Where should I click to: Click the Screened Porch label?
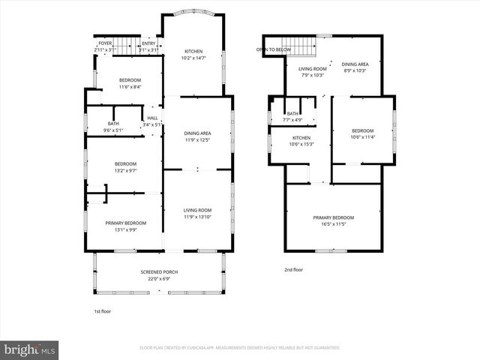pos(159,271)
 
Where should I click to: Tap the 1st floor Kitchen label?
pos(193,51)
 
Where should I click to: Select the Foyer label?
pos(105,43)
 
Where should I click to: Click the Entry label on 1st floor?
pos(149,43)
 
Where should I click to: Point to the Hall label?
pos(152,118)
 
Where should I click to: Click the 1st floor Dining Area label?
pos(198,133)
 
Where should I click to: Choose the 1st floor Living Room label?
pos(198,210)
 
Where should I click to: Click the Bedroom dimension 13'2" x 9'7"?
pos(125,170)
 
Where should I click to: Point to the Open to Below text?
pos(274,49)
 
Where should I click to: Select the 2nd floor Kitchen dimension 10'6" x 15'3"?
pos(301,144)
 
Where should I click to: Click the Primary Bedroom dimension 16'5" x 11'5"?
pos(334,223)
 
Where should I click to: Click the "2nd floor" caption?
pos(293,269)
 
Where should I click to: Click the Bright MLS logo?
pos(30,349)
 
